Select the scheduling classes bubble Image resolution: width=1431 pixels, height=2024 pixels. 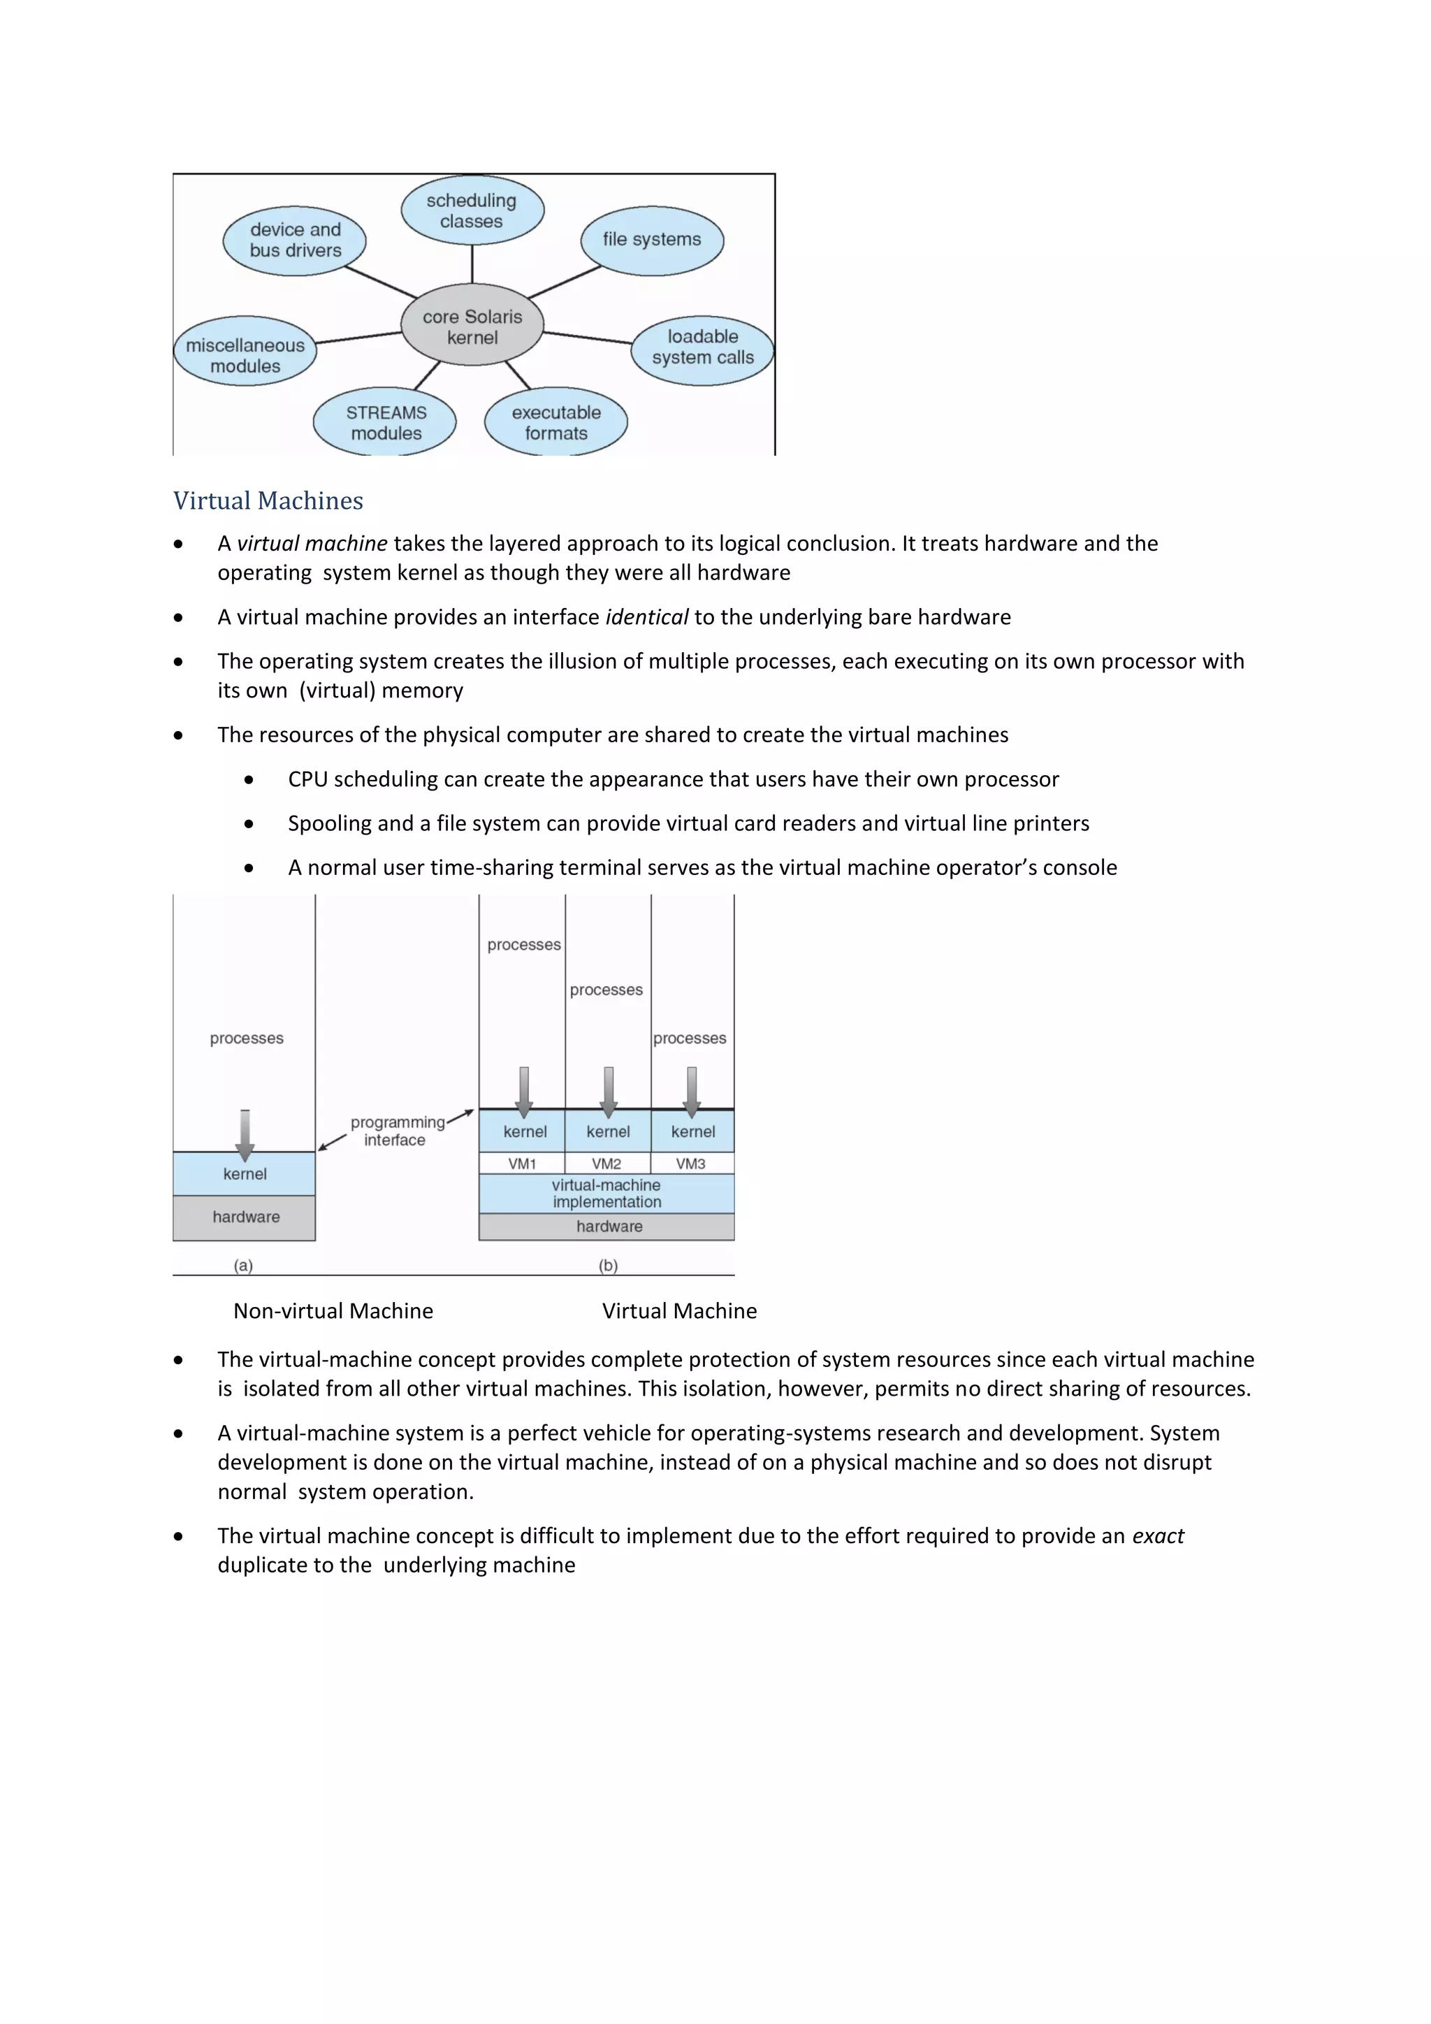(x=472, y=210)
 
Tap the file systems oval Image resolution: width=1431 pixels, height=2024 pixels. (x=652, y=240)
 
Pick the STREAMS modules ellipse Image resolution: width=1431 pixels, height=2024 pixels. (x=385, y=422)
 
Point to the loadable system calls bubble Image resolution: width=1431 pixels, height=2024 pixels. (x=702, y=347)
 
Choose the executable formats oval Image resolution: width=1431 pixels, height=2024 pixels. (x=556, y=422)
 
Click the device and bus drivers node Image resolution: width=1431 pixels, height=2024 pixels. (x=294, y=240)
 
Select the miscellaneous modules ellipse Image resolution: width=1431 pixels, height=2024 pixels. (x=245, y=354)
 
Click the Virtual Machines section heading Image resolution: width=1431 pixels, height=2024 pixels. (x=268, y=500)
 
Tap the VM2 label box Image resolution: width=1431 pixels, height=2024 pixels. (x=607, y=1164)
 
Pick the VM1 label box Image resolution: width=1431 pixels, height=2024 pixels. (x=523, y=1164)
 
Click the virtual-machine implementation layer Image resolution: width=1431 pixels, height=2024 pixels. (x=606, y=1194)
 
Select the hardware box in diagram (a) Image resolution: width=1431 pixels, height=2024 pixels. (x=245, y=1217)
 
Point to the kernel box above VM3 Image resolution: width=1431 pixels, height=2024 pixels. (x=692, y=1132)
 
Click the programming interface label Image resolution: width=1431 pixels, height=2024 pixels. (x=395, y=1131)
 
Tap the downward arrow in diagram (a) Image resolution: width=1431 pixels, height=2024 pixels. (x=245, y=1134)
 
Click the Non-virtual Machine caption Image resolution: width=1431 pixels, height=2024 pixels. (x=333, y=1311)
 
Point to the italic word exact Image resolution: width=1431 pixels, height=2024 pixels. (x=1158, y=1536)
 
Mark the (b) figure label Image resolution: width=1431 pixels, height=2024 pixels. (x=608, y=1265)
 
